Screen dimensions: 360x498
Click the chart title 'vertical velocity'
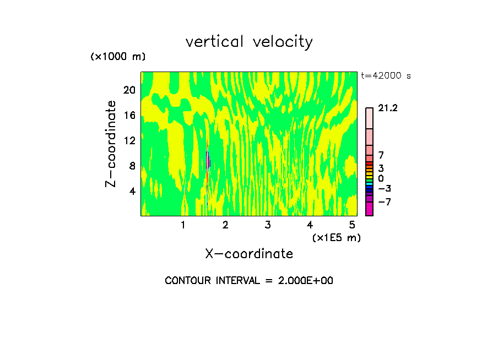point(249,41)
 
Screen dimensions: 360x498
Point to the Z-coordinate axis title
point(111,143)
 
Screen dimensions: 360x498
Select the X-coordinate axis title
point(249,253)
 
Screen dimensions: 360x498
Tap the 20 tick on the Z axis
point(129,90)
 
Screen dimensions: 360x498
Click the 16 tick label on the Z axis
point(129,115)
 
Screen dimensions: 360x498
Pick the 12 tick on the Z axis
point(129,140)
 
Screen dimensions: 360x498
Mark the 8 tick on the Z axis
point(132,166)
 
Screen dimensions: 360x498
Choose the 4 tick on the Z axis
point(132,191)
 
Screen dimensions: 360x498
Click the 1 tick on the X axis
point(183,225)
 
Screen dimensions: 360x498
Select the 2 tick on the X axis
point(225,225)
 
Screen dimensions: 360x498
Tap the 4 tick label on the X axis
point(310,225)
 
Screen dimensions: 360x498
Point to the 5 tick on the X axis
point(351,225)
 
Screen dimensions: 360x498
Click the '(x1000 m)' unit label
point(118,57)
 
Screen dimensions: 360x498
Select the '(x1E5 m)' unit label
point(336,237)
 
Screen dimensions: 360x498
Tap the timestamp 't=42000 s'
point(386,76)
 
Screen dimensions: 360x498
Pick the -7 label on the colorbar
point(385,202)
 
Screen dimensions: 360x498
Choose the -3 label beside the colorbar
point(385,188)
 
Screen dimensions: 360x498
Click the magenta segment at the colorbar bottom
point(369,209)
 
